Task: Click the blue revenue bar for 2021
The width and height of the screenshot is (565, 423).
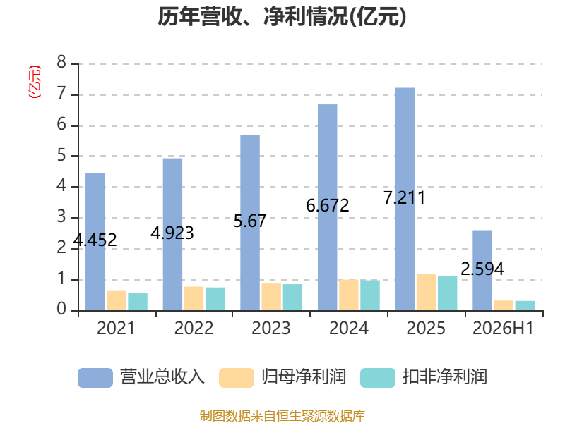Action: [95, 242]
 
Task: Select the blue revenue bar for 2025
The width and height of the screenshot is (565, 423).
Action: [405, 199]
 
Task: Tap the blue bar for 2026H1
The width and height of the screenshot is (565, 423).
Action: [482, 270]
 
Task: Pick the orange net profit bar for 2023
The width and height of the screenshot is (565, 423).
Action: [271, 297]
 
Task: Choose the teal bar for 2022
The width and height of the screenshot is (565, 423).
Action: [215, 299]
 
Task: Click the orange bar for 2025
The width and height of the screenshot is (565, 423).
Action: [427, 293]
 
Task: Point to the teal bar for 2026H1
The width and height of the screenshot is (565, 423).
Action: [525, 306]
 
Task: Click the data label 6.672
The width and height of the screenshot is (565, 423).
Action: [328, 206]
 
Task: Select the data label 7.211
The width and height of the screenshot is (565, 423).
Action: [404, 198]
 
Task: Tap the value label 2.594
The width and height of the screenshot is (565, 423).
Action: [482, 269]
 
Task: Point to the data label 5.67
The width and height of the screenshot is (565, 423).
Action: [250, 221]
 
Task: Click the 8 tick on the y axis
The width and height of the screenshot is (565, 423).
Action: [61, 62]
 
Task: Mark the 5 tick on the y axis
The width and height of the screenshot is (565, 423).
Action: [61, 155]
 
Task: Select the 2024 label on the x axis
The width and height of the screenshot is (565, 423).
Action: [348, 328]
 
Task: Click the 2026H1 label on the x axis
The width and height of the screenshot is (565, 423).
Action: [503, 328]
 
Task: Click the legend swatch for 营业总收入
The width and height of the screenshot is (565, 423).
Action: [95, 378]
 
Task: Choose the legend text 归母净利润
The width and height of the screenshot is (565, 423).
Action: [304, 377]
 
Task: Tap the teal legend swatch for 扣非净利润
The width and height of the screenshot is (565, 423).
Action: [378, 378]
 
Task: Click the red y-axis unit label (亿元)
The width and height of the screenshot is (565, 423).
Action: [35, 82]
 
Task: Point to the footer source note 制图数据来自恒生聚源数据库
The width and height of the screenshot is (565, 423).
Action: [282, 415]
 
